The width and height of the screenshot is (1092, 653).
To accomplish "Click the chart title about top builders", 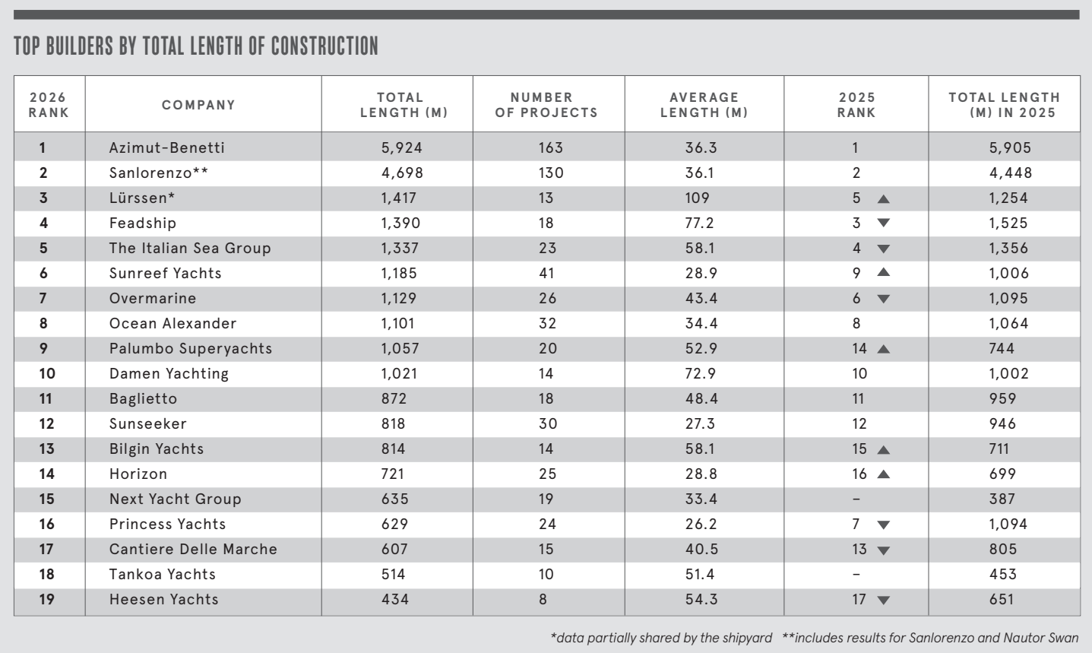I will coord(196,46).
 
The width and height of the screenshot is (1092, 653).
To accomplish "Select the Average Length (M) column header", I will coord(704,105).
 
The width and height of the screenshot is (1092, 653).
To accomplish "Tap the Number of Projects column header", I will coord(546,105).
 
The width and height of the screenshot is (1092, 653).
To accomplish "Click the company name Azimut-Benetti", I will coord(167,147).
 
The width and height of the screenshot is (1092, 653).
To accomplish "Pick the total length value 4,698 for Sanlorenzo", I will coord(402,173).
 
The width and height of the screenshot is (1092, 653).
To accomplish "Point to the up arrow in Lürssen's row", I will coord(883,199).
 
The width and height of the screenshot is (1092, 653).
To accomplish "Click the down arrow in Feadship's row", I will coord(883,223).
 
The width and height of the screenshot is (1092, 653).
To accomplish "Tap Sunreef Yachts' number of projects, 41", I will coord(547,273).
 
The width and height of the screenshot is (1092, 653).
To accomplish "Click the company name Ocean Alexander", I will coord(173,323).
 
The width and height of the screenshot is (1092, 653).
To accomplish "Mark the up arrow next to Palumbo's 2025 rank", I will coord(883,350).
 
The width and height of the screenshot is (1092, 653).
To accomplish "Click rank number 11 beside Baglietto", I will coord(46,398).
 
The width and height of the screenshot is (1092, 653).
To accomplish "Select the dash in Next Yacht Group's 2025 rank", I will coord(856,499).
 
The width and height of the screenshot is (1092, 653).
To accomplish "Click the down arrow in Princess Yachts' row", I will coord(883,525).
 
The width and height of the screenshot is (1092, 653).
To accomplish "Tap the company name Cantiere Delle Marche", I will coord(193,549).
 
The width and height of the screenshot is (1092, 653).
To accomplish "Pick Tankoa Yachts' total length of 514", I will coord(394,574).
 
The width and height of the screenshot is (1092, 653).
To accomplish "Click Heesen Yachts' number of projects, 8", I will coord(543,599).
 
